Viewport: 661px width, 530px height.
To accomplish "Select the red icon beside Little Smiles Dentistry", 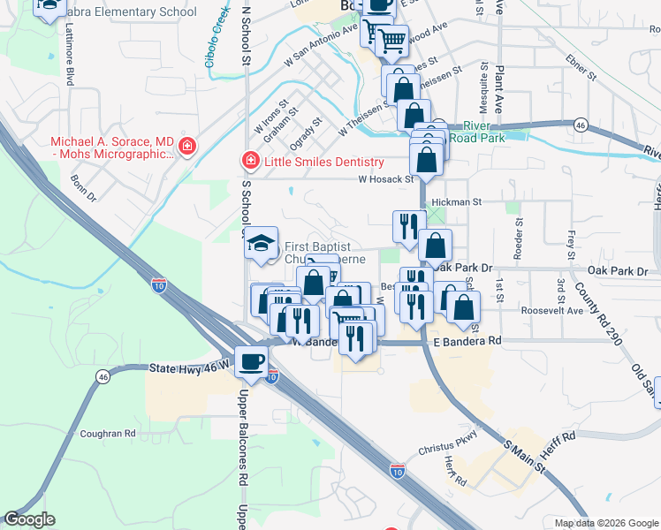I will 250,161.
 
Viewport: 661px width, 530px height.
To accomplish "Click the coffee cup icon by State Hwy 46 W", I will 252,362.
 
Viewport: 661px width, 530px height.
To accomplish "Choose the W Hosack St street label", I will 386,179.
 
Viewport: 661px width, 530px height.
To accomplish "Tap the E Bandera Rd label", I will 467,340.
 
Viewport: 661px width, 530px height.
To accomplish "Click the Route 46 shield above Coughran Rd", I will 103,378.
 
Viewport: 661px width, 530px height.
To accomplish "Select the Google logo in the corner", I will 29,519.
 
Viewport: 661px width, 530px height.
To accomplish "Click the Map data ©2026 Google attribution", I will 605,523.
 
